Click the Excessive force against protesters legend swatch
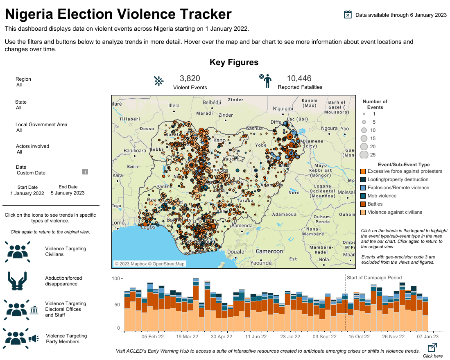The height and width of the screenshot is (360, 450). tap(363, 171)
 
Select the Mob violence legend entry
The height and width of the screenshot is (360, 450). tap(382, 196)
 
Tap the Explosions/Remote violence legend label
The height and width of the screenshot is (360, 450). tap(398, 188)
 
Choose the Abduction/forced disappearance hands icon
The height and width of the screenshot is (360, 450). tap(18, 281)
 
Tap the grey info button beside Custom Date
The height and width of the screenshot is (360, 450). tap(85, 172)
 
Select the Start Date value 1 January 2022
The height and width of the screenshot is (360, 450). tap(27, 193)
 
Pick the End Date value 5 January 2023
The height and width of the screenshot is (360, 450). tap(68, 193)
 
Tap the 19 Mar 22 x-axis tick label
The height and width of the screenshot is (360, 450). tap(187, 337)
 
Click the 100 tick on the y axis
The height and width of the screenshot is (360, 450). tap(117, 278)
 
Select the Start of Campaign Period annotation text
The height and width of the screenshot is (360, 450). tap(374, 278)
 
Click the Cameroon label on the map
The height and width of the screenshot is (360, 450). tap(269, 251)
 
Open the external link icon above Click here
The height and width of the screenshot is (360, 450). tap(432, 348)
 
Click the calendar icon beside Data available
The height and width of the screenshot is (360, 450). tap(348, 15)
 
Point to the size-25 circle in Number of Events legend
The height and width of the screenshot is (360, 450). tap(364, 155)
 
